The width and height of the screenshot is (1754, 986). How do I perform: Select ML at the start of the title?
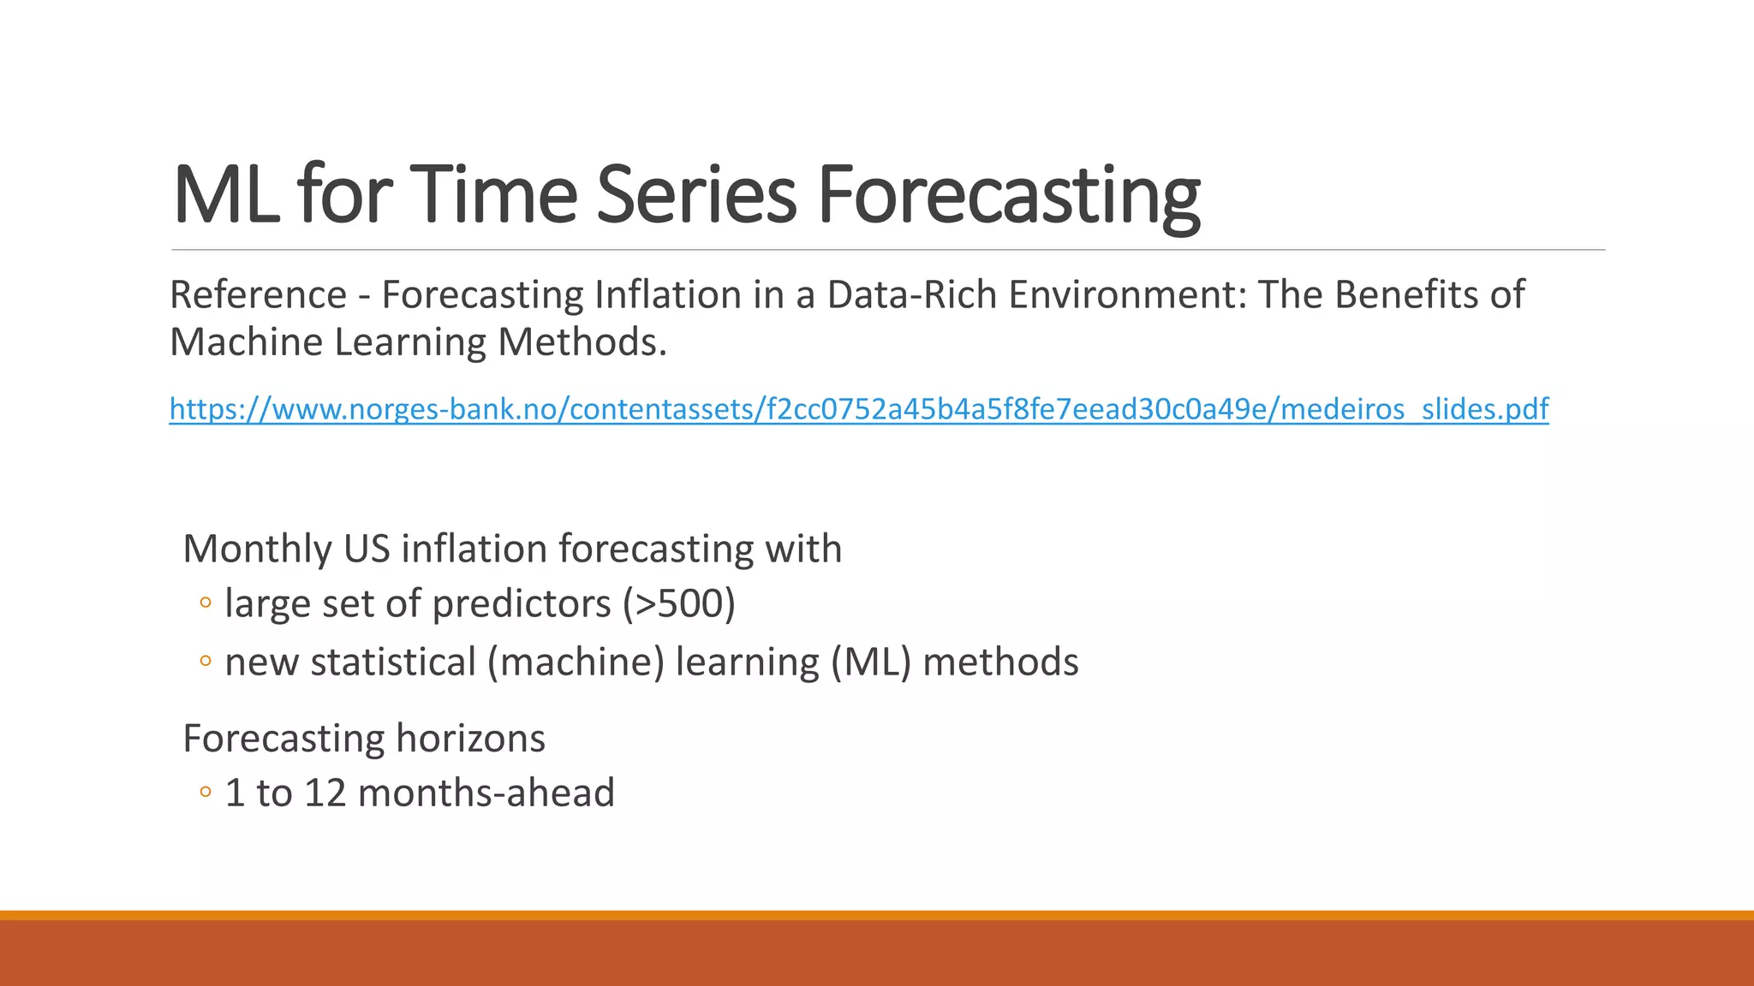(x=225, y=196)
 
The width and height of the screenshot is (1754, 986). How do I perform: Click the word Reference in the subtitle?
(x=258, y=295)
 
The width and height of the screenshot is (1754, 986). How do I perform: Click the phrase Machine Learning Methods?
(x=418, y=342)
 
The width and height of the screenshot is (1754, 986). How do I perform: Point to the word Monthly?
(x=257, y=549)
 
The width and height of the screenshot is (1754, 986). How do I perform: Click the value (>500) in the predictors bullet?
(x=678, y=604)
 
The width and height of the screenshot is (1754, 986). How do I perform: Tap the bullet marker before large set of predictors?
(x=205, y=603)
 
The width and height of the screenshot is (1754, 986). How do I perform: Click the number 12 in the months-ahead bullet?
(x=325, y=793)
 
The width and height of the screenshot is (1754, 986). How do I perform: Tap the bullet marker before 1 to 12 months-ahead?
(x=205, y=793)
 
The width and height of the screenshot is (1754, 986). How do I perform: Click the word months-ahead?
(x=486, y=793)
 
